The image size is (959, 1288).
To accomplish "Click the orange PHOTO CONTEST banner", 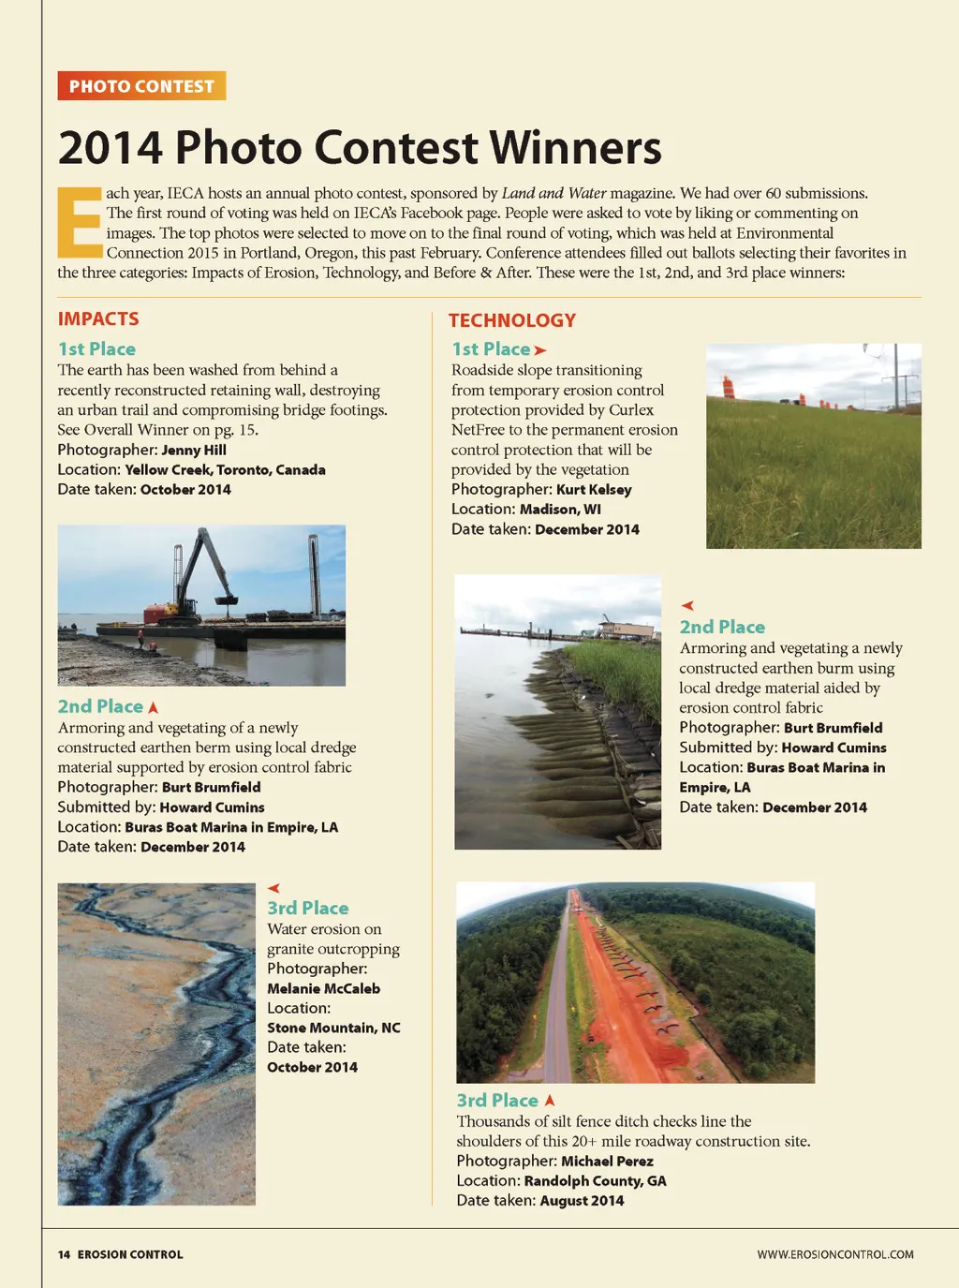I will click(x=141, y=86).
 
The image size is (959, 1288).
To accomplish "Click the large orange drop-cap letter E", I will click(x=80, y=223).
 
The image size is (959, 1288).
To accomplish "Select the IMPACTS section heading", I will click(x=98, y=318).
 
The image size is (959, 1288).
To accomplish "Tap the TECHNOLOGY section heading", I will click(x=512, y=320).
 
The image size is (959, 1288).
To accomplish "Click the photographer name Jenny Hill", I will click(x=194, y=450).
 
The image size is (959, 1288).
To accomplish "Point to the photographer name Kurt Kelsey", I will click(x=594, y=489).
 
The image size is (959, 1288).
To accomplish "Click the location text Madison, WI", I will click(x=560, y=509).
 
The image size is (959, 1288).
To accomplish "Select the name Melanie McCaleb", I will click(x=323, y=988).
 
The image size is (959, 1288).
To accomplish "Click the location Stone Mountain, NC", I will click(x=333, y=1028).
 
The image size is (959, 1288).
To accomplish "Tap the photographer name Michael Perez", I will click(x=607, y=1161).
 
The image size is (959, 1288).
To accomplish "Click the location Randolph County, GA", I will click(x=595, y=1180).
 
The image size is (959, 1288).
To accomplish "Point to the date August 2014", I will click(x=582, y=1200).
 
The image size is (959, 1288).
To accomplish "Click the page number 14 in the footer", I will click(x=64, y=1254).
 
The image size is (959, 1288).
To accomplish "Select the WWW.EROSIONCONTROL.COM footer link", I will click(x=835, y=1254).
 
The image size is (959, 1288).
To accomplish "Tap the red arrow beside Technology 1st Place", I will click(x=539, y=350).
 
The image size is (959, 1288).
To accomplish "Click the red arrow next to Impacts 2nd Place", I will click(x=154, y=707).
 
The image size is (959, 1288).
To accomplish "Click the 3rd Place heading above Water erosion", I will click(x=307, y=908).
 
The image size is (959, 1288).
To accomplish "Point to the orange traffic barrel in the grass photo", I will click(x=729, y=386).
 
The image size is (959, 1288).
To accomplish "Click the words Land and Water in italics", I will click(x=553, y=193).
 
